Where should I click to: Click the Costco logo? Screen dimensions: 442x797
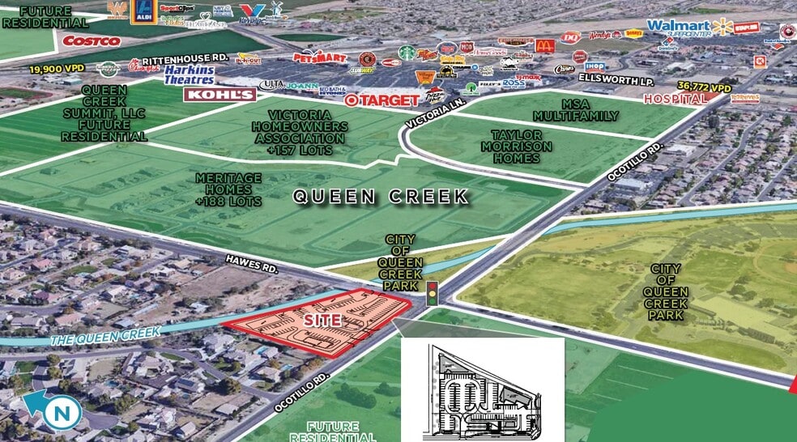click(92, 40)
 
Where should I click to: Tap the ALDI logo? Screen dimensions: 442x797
click(144, 11)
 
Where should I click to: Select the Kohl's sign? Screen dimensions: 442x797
click(219, 95)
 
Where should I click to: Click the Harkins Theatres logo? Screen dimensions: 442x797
click(189, 74)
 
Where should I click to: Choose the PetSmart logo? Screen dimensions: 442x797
click(319, 57)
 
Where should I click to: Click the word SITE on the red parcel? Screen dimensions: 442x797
click(322, 321)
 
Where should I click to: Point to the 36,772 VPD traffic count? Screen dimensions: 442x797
click(705, 87)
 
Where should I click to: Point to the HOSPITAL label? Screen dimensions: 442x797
click(675, 99)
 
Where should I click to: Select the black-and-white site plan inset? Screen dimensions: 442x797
click(483, 389)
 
